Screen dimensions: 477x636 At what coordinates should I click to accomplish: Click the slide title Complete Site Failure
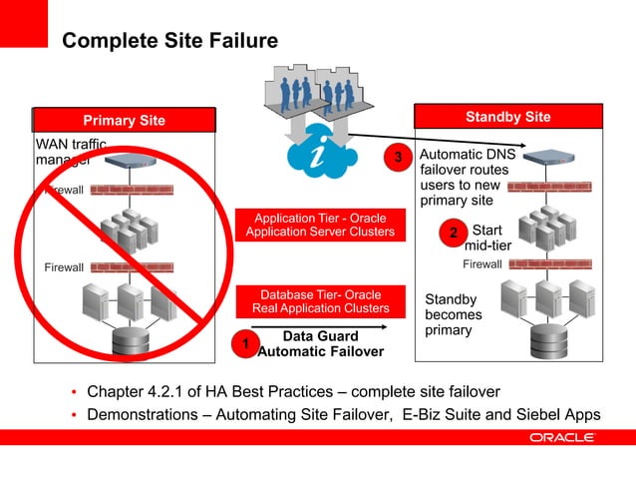pyautogui.click(x=169, y=41)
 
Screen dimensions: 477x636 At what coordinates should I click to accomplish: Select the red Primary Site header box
pyautogui.click(x=125, y=121)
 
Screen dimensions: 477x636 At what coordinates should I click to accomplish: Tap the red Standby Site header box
pyautogui.click(x=507, y=118)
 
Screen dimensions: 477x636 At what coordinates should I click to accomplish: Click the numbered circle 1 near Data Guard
pyautogui.click(x=240, y=344)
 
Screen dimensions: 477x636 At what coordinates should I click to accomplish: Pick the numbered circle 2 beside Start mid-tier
pyautogui.click(x=453, y=234)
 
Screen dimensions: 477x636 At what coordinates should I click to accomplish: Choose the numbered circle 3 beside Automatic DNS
pyautogui.click(x=399, y=158)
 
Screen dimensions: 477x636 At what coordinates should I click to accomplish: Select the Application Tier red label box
pyautogui.click(x=320, y=226)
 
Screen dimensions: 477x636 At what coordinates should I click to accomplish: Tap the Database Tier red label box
pyautogui.click(x=320, y=301)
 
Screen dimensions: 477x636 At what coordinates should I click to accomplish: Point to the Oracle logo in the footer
pyautogui.click(x=562, y=437)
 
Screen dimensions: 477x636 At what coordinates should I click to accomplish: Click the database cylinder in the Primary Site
pyautogui.click(x=131, y=342)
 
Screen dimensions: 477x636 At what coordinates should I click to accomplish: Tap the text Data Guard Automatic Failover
pyautogui.click(x=320, y=344)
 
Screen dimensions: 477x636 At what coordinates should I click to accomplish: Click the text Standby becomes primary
pyautogui.click(x=453, y=314)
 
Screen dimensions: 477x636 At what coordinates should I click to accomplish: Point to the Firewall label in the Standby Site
pyautogui.click(x=482, y=264)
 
